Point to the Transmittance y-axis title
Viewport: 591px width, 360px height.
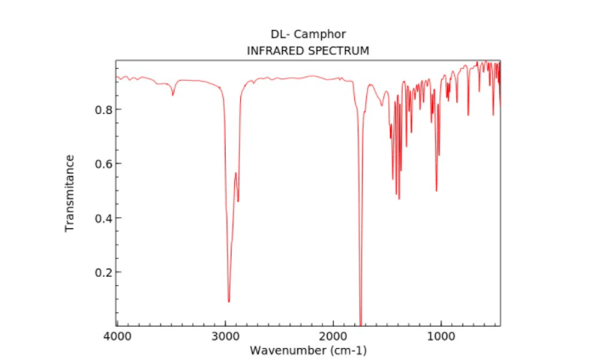point(71,193)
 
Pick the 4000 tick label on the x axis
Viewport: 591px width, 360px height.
point(117,336)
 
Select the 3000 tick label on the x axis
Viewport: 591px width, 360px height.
point(225,336)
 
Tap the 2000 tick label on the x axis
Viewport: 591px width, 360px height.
point(332,336)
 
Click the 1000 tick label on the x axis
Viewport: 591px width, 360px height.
point(439,336)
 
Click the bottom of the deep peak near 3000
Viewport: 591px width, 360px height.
point(228,300)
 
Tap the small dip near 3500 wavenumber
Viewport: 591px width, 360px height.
point(173,94)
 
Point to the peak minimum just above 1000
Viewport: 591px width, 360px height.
point(436,190)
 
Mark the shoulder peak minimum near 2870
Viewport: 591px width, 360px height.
point(238,201)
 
